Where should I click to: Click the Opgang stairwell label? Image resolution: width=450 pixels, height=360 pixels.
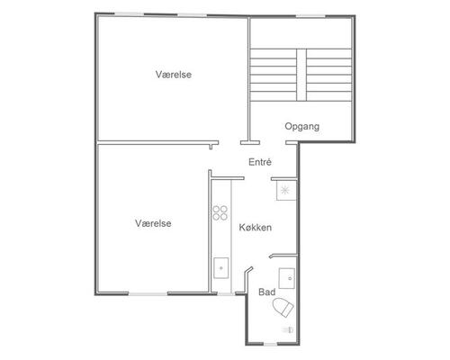click(x=301, y=126)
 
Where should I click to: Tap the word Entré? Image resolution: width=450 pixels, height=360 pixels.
click(x=260, y=162)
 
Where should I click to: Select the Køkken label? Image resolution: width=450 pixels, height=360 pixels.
click(x=256, y=228)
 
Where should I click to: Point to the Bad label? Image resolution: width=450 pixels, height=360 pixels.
click(x=266, y=292)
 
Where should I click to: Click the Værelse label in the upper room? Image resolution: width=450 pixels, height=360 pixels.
click(x=174, y=75)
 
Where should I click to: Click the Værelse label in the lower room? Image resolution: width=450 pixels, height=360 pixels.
click(x=153, y=223)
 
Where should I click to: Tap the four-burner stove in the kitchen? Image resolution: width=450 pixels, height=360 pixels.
click(x=220, y=212)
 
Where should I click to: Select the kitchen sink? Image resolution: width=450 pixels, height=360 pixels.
click(x=221, y=268)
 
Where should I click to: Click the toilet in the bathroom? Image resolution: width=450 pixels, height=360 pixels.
click(x=283, y=307)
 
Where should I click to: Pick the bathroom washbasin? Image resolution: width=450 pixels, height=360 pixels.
click(x=287, y=278)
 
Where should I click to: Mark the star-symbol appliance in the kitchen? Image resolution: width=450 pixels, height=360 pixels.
click(x=286, y=190)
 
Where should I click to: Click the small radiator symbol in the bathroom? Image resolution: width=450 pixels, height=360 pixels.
click(x=287, y=329)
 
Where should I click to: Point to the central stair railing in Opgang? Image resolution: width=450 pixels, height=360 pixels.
click(x=301, y=75)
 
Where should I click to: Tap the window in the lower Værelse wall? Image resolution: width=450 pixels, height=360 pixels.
click(x=148, y=293)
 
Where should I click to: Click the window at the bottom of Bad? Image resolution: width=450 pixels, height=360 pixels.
click(x=270, y=344)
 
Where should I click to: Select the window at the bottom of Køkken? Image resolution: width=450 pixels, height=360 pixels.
click(x=226, y=293)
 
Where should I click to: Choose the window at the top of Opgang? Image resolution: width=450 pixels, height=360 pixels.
click(x=310, y=16)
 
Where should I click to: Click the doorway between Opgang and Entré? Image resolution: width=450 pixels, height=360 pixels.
click(x=273, y=143)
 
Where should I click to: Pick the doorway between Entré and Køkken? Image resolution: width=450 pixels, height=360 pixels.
click(x=257, y=178)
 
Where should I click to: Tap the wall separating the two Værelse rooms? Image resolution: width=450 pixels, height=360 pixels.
click(x=157, y=143)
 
